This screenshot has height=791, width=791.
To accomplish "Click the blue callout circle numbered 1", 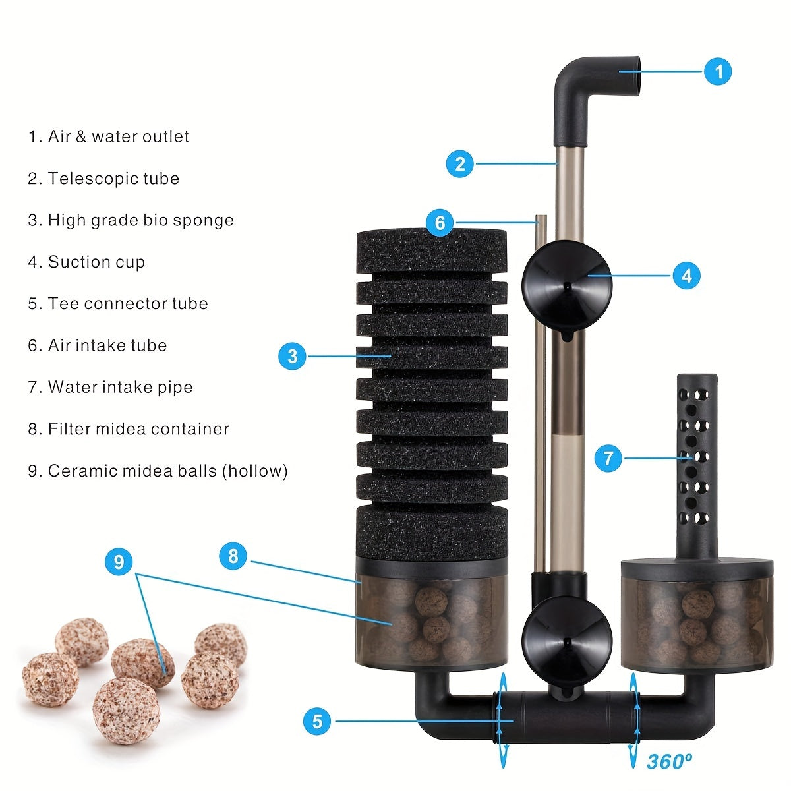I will pos(718,71).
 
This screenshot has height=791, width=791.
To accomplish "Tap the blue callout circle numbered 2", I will pos(460,163).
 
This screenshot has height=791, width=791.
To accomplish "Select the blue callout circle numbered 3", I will pos(293,357).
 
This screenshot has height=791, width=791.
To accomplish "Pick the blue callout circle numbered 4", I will pos(686,275).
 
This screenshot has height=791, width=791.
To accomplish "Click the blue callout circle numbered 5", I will pos(317,721).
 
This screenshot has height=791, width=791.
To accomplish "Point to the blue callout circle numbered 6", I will pos(440,223).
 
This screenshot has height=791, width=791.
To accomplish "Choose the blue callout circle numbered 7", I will pos(608,457).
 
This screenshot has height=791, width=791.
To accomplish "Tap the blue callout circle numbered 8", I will pos(233,556).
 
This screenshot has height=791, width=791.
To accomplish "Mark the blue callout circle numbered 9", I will pos(119,562).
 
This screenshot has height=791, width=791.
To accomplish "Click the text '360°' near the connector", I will pos(669,762).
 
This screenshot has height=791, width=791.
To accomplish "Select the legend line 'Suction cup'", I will pos(86,262).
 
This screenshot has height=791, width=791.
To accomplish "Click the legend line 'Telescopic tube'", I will pos(103,179).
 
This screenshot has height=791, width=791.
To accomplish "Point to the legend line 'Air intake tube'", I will pos(98,345).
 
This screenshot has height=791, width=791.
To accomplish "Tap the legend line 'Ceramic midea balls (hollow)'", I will pos(158,471).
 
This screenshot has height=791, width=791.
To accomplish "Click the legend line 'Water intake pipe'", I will pos(110,388).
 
